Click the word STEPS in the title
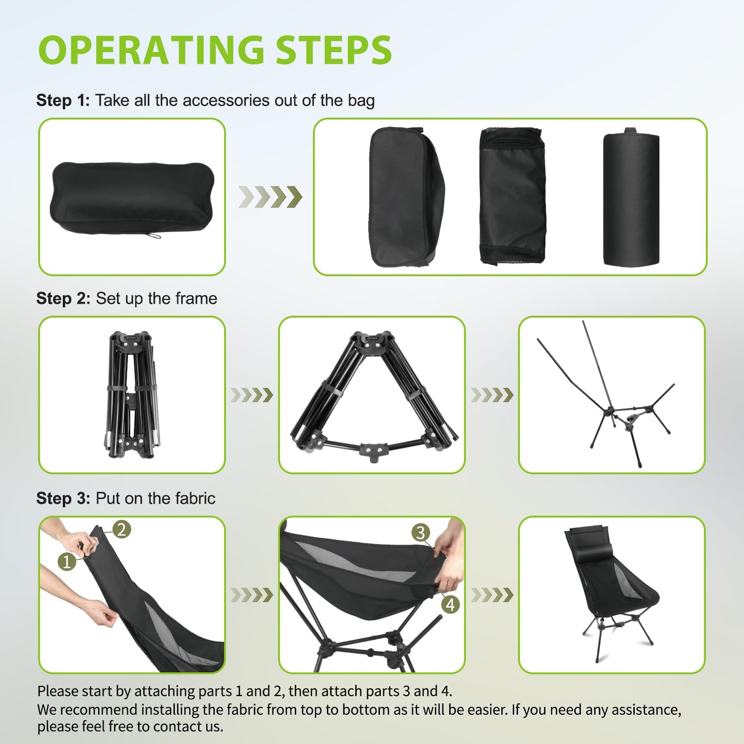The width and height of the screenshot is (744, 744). (x=334, y=50)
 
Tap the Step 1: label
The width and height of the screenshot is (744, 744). (x=63, y=100)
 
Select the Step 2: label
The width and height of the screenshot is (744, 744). (x=63, y=299)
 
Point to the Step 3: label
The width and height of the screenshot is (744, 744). (x=63, y=498)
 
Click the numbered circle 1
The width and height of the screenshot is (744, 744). (x=67, y=561)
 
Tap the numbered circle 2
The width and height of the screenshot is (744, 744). (x=122, y=529)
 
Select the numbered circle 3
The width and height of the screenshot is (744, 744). (x=421, y=532)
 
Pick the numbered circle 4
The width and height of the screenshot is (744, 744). (x=451, y=604)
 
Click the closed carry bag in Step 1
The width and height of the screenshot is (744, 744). (x=131, y=197)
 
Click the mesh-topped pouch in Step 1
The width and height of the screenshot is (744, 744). (x=512, y=197)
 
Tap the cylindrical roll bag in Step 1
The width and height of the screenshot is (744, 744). (x=631, y=198)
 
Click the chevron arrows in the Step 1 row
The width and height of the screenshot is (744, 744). (x=270, y=197)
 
